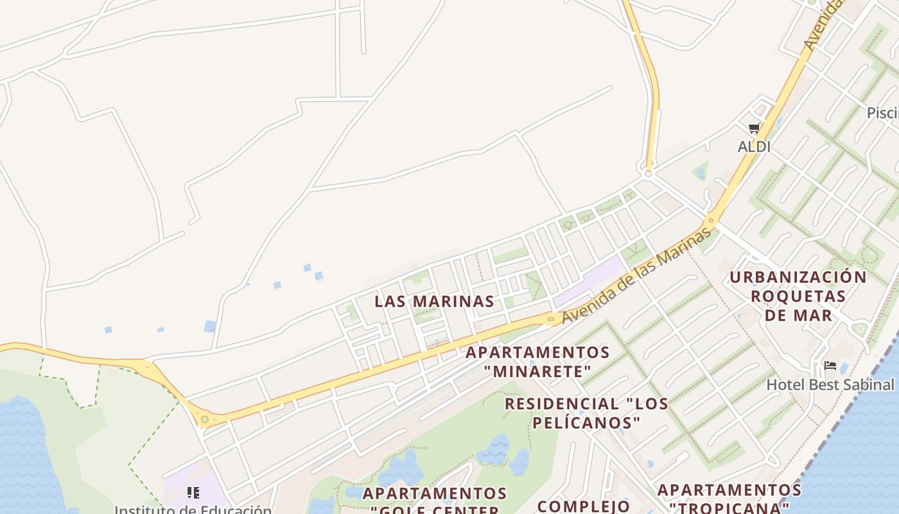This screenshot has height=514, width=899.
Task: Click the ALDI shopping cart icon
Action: [754, 128]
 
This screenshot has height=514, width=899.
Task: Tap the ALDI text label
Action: [754, 146]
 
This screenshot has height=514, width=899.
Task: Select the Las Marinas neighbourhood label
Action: [434, 301]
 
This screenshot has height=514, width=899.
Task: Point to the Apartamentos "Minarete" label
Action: [537, 362]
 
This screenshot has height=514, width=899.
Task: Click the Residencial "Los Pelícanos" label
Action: [586, 413]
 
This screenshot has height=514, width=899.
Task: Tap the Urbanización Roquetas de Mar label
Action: [798, 296]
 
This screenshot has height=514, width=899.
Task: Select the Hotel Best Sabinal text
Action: [830, 385]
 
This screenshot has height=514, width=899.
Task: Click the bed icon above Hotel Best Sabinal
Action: [830, 366]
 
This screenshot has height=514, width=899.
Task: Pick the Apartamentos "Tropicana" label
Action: [729, 499]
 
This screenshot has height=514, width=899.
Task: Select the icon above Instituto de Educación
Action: [193, 493]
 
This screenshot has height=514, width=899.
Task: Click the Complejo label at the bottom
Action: [583, 506]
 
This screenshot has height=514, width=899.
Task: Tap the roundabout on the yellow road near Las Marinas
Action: [551, 317]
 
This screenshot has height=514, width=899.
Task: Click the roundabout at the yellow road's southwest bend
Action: [205, 420]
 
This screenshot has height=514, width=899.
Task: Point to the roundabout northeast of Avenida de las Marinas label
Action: [711, 220]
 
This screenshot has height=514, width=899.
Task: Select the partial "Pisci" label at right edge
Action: [882, 113]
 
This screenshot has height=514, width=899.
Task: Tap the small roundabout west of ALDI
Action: [648, 173]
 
